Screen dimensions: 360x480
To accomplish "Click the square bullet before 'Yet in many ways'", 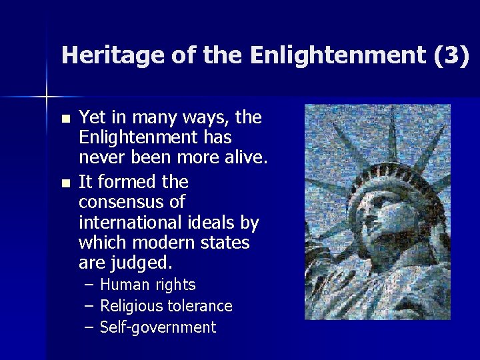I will [65, 119].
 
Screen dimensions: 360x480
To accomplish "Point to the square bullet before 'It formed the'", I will [65, 183].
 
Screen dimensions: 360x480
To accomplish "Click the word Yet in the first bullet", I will [91, 118].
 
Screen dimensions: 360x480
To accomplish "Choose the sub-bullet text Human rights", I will [147, 285].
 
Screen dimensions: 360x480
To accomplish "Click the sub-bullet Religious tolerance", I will [166, 306].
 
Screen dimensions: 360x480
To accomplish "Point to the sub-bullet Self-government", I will [158, 327].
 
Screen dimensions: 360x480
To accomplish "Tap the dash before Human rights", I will [90, 285].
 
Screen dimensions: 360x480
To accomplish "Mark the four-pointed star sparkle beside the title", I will [47, 97].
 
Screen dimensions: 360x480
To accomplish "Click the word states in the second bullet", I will [227, 243].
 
